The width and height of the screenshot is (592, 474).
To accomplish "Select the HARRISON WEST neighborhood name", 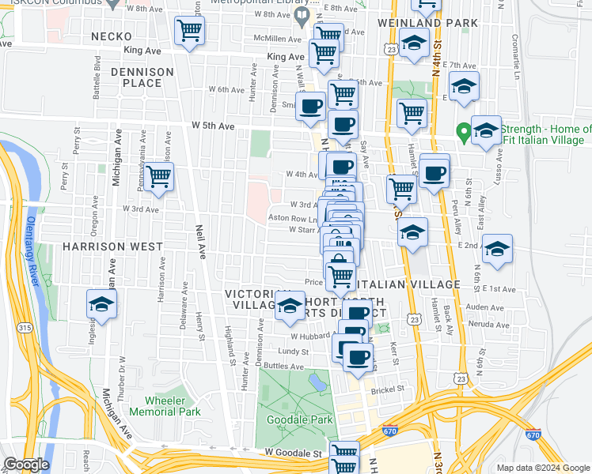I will click(112, 246).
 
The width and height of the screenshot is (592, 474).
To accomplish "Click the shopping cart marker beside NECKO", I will click(189, 32).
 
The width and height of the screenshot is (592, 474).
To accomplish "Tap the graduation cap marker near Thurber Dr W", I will click(102, 304).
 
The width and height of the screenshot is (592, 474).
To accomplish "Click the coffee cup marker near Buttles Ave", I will click(358, 356).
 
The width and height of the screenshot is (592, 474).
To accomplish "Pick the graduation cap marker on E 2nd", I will click(497, 248).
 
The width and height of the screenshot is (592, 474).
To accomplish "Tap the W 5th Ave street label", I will click(213, 126).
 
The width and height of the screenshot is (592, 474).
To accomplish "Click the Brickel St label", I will click(389, 389).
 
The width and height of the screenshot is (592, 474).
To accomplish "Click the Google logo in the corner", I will click(26, 465).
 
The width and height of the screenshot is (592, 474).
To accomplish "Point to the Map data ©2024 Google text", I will click(542, 468).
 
